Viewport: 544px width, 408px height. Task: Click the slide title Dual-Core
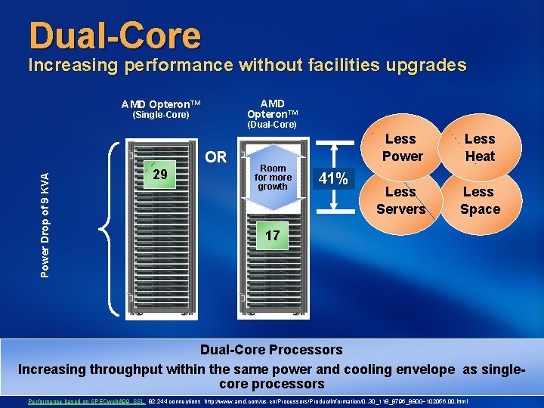click(x=115, y=36)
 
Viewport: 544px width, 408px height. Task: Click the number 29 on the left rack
click(x=160, y=175)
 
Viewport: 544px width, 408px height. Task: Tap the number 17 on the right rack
click(x=272, y=236)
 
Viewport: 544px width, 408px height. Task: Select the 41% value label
click(x=333, y=179)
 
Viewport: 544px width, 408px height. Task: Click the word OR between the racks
click(x=216, y=157)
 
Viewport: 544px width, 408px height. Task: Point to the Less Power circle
click(x=401, y=148)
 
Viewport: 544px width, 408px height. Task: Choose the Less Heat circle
click(x=479, y=148)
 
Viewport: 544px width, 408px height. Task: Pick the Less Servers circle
click(x=401, y=200)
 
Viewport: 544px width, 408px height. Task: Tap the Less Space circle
click(x=479, y=200)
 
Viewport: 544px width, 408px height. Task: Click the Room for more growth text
click(x=273, y=178)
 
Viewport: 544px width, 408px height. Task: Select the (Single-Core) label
click(x=160, y=116)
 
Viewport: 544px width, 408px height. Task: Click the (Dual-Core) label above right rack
click(x=272, y=124)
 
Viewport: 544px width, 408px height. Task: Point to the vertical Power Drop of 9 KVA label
click(x=45, y=224)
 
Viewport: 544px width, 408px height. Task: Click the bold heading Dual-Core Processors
click(x=271, y=350)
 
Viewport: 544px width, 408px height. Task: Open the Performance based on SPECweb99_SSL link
click(x=85, y=401)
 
